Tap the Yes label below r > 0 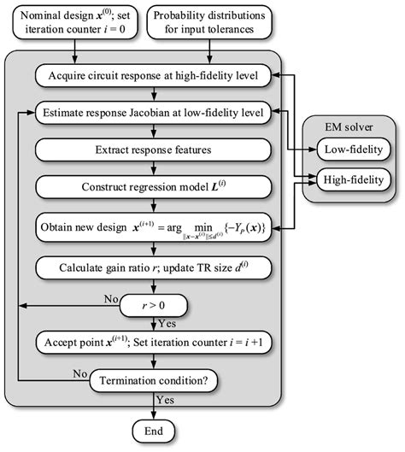click(168, 322)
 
